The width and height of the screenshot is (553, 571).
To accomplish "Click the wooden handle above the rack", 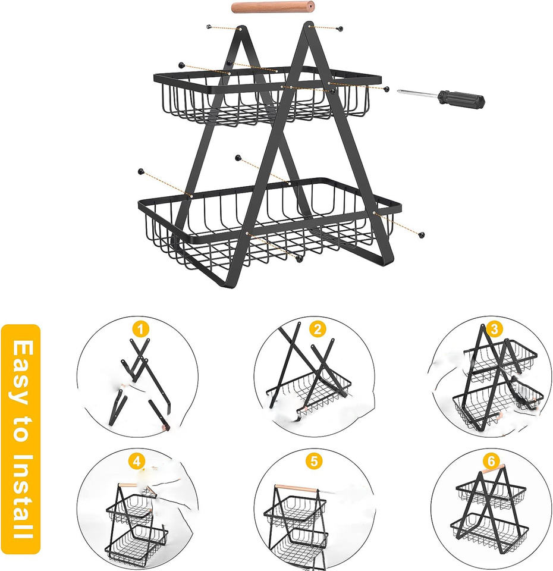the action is (x=273, y=7).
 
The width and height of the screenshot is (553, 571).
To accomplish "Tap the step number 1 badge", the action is (x=141, y=330).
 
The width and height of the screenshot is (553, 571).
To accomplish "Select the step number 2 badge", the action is (x=318, y=330).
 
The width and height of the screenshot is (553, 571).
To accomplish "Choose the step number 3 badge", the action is (x=494, y=329).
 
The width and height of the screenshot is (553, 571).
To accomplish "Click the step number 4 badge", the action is (x=137, y=462).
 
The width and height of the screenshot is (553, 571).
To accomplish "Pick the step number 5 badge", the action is (x=314, y=462).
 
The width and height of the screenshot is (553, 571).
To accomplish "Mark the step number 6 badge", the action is (x=491, y=461).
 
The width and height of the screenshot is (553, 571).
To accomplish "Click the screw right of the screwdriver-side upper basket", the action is (x=387, y=89).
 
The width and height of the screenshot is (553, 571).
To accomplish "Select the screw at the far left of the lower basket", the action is (x=140, y=171).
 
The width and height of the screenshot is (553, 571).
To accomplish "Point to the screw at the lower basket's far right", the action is (x=422, y=235).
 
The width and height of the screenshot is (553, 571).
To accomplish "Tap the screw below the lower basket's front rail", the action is (x=299, y=259).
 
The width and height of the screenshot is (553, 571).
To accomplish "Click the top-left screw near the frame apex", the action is (x=209, y=27).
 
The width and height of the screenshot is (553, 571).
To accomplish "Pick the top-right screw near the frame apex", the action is (x=340, y=28).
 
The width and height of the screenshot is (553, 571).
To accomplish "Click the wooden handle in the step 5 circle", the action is (x=296, y=488).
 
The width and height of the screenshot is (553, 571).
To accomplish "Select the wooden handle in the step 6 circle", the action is (x=494, y=469).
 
